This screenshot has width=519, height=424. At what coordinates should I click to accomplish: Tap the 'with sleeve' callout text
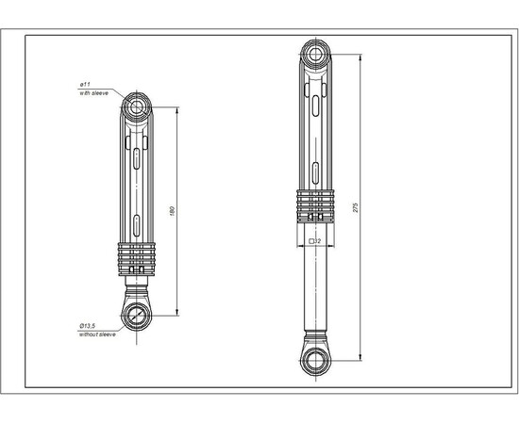click(x=94, y=92)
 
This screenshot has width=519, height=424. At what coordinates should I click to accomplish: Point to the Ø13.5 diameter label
click(x=90, y=326)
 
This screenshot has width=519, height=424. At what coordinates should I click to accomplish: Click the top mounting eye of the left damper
click(x=138, y=105)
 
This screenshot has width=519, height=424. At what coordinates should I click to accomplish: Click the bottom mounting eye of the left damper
click(x=138, y=315)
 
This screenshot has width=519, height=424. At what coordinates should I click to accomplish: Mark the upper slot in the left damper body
click(x=138, y=158)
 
